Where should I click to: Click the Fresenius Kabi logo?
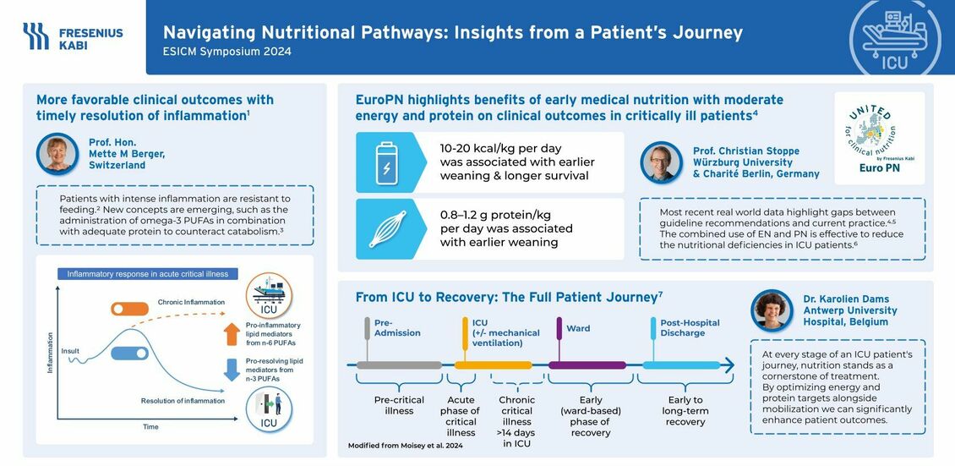coord(73,36)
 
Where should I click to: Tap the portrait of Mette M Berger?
coord(57,154)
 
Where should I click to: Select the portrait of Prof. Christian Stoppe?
coord(661,162)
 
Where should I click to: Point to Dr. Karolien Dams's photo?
coord(772,310)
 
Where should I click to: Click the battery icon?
coord(385,162)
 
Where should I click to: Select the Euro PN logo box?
coord(879,138)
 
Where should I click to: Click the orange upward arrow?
coord(232,334)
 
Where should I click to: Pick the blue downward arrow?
coord(232,370)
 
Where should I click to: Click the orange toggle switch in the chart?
coord(130,309)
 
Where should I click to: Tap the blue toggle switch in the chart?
coord(130,354)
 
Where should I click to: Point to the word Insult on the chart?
coord(70,351)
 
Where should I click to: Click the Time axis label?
coord(150,426)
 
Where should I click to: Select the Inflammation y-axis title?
coord(51,353)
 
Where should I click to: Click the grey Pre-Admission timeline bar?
coord(399,365)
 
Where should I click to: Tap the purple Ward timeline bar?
coord(587,365)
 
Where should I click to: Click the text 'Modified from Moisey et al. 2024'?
coord(405,446)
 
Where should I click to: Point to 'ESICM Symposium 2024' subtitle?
coord(227,52)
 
